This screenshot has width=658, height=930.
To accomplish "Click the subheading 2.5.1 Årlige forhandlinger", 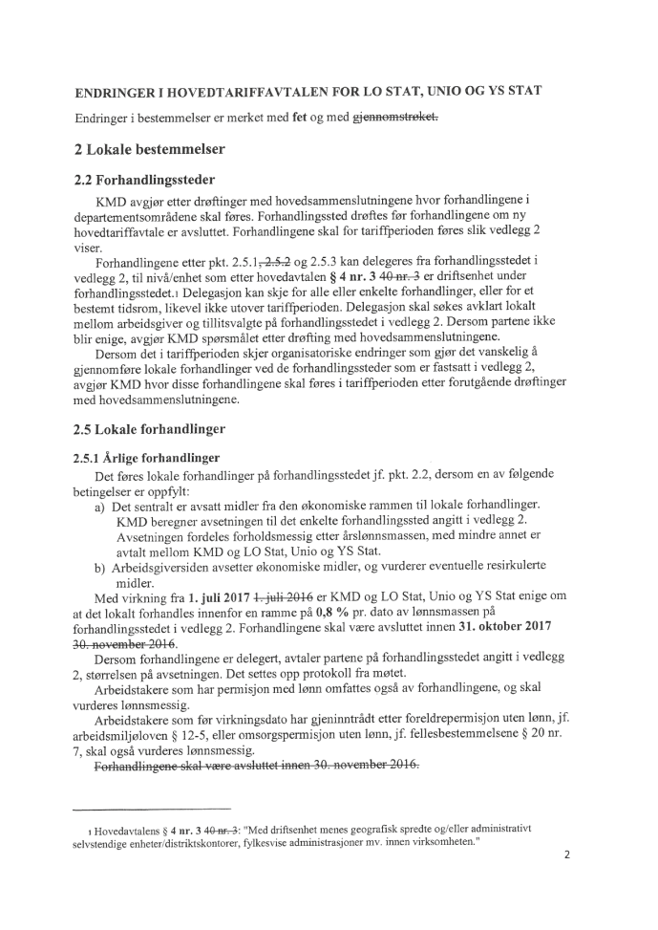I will [x=147, y=457].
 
